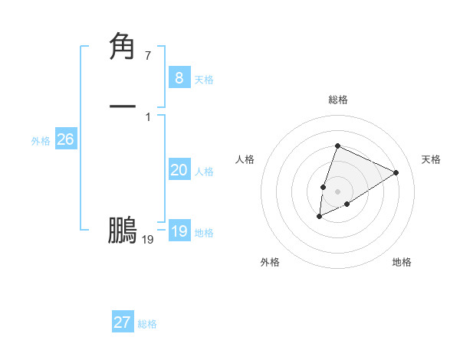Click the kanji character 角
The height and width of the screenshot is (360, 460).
coord(123,47)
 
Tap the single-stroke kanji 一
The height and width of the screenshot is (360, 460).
coord(123,105)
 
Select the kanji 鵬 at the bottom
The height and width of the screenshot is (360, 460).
coord(123,231)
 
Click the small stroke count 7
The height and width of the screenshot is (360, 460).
coord(147,56)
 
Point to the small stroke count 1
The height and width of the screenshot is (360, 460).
coord(147,117)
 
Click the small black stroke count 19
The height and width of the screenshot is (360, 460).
coord(148,240)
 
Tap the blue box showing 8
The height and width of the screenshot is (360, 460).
coord(179,77)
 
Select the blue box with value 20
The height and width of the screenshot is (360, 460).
coord(179,170)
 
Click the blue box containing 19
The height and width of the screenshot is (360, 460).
coord(179,231)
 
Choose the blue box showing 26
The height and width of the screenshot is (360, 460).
coord(65,139)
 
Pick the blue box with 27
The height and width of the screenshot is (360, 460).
coord(122,322)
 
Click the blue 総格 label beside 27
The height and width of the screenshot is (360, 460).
coord(147,324)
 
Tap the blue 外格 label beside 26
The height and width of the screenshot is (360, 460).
coord(40,141)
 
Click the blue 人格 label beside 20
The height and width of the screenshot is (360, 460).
coord(204,172)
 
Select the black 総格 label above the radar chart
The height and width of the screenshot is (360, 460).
coord(337,100)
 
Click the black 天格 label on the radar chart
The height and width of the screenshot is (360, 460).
coord(431,159)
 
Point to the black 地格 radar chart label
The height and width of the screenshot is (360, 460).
coord(402,262)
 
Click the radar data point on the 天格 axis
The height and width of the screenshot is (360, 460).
coord(396,172)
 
